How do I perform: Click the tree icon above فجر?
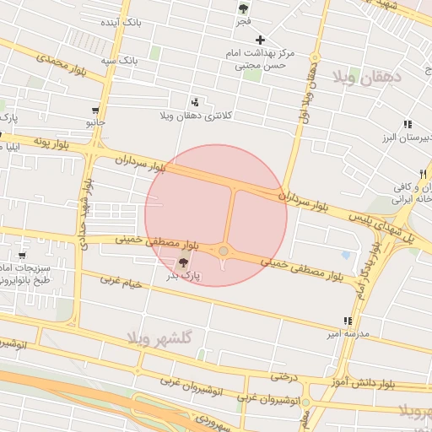pos(244,9)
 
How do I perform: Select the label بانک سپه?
pos(119,61)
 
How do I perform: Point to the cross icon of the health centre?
pos(260,40)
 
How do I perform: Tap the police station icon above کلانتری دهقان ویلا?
pos(197,101)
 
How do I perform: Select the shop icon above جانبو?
pos(95,111)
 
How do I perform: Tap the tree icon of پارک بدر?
pos(184,263)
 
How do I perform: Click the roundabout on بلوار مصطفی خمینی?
pos(224,251)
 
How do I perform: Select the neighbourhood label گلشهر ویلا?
pos(160,337)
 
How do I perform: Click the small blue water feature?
pos(345,255)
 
